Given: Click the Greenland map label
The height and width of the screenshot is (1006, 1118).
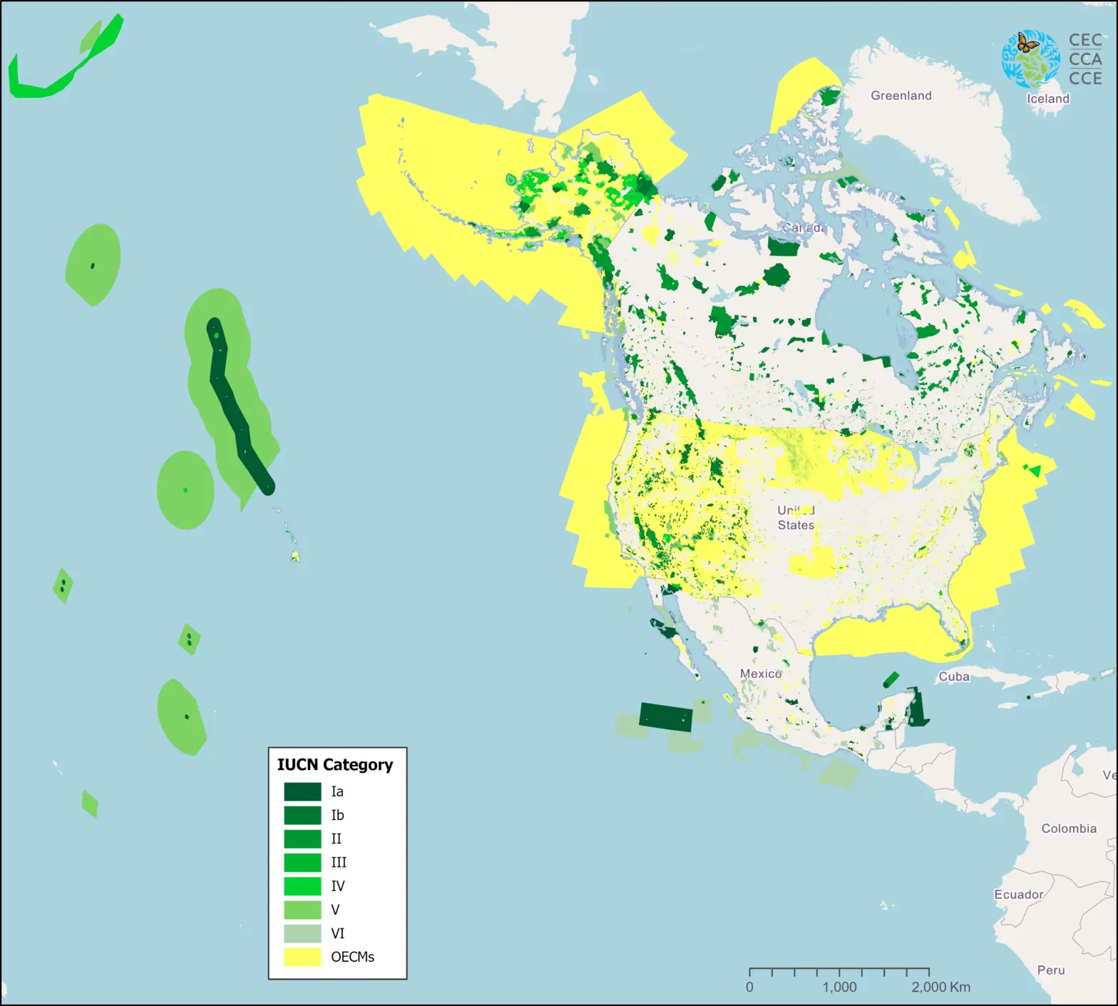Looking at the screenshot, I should coord(901,96).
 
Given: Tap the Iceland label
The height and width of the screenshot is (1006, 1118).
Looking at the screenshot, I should coord(1047,98).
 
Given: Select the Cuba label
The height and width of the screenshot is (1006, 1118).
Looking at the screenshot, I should coord(953,677).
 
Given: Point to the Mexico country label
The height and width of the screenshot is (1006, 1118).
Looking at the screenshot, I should coord(760,674).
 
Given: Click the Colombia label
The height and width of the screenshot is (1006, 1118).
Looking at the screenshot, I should coord(1068,828).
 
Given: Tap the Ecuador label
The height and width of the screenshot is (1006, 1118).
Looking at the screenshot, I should coord(1018,894).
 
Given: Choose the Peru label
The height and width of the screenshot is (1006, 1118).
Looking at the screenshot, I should coord(1050,970).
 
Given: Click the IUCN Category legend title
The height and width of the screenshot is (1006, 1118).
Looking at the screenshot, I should coord(334,764).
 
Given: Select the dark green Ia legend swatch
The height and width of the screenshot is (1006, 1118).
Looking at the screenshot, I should coord(302,791).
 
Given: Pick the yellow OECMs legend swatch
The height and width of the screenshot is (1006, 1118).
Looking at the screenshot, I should coord(302,957).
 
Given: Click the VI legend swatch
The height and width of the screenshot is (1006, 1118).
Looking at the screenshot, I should coord(302,933).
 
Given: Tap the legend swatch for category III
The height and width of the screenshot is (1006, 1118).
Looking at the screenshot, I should coord(302,862).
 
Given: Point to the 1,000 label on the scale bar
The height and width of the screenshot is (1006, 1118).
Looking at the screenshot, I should coord(839,987).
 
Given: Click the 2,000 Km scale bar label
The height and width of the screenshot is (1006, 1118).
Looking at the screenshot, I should coord(940,987).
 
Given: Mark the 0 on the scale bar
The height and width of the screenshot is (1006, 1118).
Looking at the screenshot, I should coord(749,987).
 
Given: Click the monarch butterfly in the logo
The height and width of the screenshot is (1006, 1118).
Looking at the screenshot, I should coord(1027,44).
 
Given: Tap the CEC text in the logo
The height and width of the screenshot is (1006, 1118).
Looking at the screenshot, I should coord(1085,41).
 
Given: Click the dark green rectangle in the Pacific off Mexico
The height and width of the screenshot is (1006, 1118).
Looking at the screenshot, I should coord(665,717).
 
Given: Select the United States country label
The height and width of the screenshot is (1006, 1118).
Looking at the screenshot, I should coord(796,518).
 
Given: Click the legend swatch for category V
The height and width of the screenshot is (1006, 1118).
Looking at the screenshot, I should coord(302,910).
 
